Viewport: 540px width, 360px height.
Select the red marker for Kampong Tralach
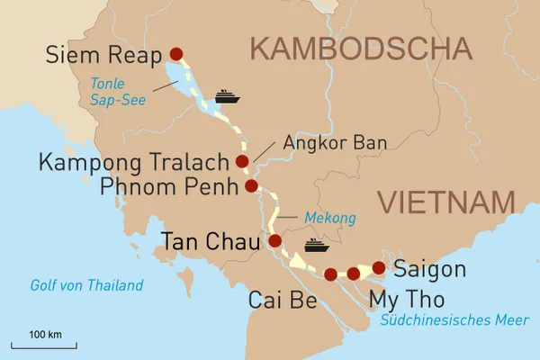pos(241,161)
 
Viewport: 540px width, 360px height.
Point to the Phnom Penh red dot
pos(251,186)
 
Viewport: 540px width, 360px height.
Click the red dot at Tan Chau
pos(274,241)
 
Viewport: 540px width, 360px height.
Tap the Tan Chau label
pos(209,241)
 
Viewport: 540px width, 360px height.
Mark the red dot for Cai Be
pos(330,274)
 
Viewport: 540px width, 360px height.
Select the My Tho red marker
pos(354,274)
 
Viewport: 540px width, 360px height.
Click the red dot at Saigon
pos(379,267)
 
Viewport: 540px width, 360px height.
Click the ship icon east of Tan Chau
pos(317,245)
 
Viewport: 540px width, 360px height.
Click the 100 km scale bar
pos(43,344)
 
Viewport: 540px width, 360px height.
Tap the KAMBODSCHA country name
pos(362,48)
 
